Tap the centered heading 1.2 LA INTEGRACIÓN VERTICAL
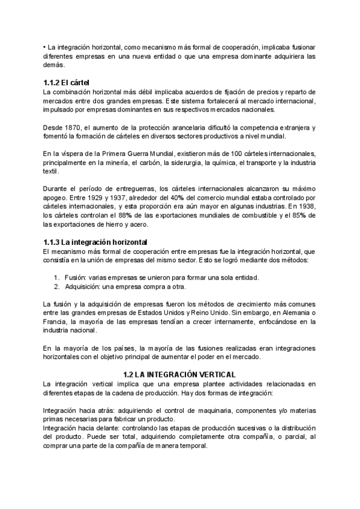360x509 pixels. click(x=179, y=374)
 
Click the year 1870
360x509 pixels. click(x=76, y=128)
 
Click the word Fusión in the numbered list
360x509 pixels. click(x=76, y=277)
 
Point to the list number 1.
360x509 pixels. click(x=56, y=277)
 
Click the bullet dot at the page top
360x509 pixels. click(x=45, y=47)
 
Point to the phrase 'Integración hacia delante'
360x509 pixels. click(x=80, y=429)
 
